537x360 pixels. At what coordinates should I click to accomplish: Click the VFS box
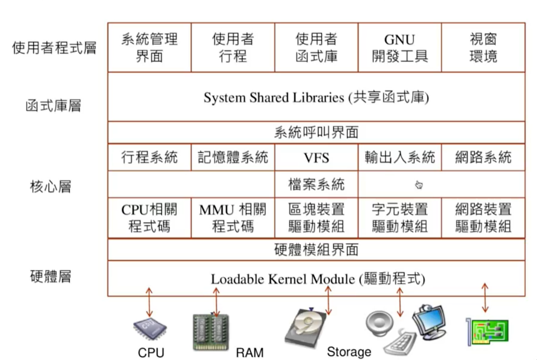coord(317,158)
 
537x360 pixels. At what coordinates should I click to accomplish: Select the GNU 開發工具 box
coord(400,48)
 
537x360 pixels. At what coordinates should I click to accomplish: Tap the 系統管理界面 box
coord(149,48)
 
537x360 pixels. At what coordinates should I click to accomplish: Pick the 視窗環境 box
coord(483,48)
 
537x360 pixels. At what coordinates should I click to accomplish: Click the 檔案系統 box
coord(317,184)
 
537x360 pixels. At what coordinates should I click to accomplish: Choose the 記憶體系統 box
coord(233,158)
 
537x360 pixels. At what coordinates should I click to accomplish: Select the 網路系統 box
coord(483,158)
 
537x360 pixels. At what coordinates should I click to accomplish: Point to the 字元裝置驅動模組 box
coord(400,217)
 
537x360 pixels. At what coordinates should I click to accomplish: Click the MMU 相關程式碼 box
coord(233,217)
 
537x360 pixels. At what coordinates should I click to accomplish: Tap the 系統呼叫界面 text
coord(317,132)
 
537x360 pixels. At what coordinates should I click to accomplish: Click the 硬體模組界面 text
coord(317,250)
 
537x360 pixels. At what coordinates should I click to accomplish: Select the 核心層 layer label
coord(51,187)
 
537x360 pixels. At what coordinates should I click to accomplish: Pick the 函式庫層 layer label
coord(54,106)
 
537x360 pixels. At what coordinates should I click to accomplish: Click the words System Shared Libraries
coord(273,98)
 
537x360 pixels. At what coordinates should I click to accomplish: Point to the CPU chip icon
coord(150,328)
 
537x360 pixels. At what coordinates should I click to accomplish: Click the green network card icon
coord(487,331)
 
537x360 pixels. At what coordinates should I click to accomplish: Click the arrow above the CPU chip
coord(149,302)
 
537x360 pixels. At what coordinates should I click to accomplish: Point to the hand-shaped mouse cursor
coord(419,185)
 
